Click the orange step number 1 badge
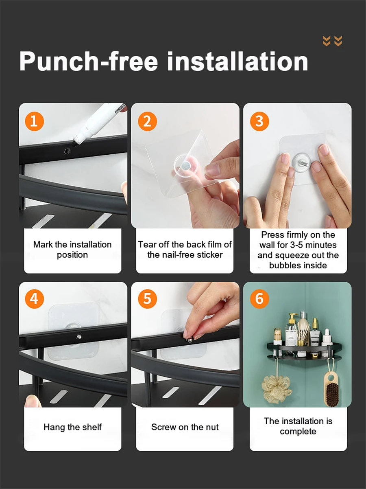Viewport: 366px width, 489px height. (x=34, y=121)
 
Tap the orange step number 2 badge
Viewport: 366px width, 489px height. (x=147, y=121)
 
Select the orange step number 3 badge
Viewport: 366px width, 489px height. (x=259, y=121)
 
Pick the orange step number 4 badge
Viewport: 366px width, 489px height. (x=34, y=299)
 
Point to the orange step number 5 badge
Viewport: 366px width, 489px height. (x=147, y=299)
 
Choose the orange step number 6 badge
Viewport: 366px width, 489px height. (x=259, y=299)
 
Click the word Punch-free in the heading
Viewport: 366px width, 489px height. (x=89, y=61)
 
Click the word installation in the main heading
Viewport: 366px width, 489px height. (x=237, y=61)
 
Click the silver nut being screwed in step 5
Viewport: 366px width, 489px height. (x=189, y=340)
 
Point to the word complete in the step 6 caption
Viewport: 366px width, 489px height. (x=298, y=432)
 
